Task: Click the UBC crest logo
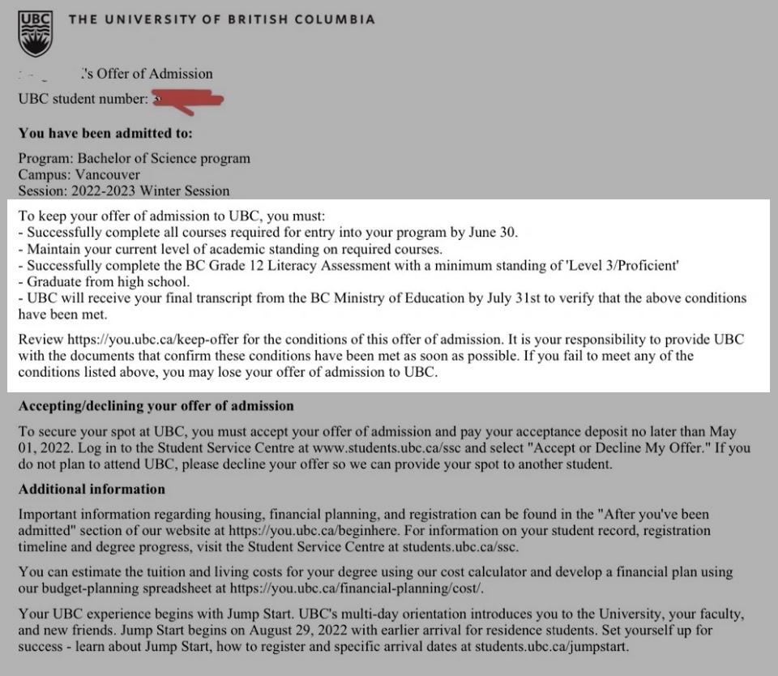pyautogui.click(x=36, y=34)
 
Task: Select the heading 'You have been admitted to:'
pyautogui.click(x=105, y=133)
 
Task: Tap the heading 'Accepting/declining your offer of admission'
pyautogui.click(x=156, y=405)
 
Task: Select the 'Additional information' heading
pyautogui.click(x=92, y=490)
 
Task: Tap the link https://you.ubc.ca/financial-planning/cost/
pyautogui.click(x=360, y=588)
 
